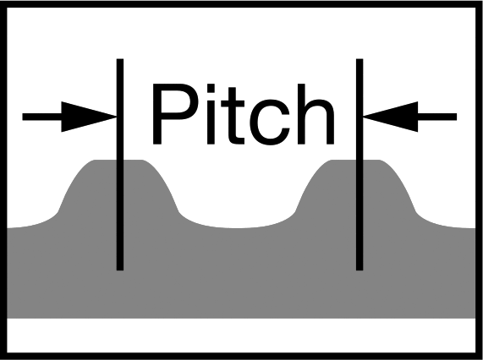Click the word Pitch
(x=244, y=114)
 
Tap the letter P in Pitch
(x=174, y=114)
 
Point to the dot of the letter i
(x=211, y=88)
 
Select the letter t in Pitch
(x=233, y=116)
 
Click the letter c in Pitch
(x=270, y=122)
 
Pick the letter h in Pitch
(x=316, y=114)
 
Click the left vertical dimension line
(x=120, y=165)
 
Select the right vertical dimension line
(x=360, y=165)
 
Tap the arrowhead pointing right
(x=89, y=117)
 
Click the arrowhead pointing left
(x=390, y=117)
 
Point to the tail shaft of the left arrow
(x=42, y=117)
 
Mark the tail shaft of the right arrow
(x=437, y=117)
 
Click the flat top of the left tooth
(x=118, y=161)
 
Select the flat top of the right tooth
(x=355, y=161)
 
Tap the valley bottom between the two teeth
(x=237, y=228)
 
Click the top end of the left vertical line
(x=120, y=59)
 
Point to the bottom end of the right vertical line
(x=360, y=270)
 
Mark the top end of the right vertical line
(x=360, y=59)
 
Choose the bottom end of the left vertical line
(x=120, y=270)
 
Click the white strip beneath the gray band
(x=242, y=335)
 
